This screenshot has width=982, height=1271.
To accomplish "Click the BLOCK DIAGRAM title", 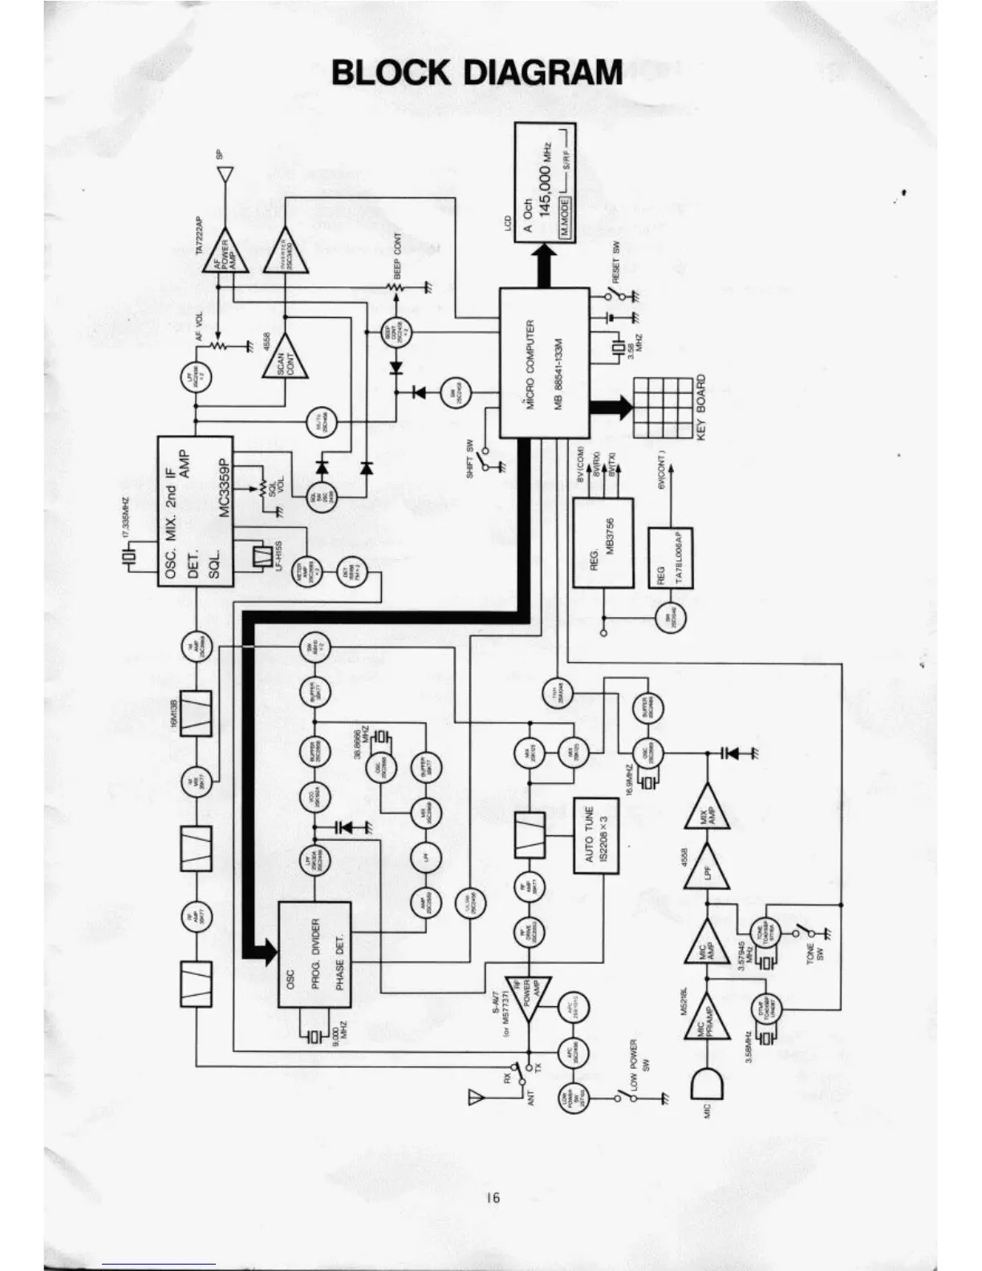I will pos(477,72).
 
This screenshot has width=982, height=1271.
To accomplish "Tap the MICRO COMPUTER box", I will pos(544,363).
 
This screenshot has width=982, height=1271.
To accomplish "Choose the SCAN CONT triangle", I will pos(286,355).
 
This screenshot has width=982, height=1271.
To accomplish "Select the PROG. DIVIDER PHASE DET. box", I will pos(314,955).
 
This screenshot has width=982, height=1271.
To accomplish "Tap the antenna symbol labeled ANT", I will pos(476,1096).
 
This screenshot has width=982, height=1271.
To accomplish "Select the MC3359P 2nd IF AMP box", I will pos(195,511).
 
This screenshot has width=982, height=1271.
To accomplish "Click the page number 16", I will pos(492,1197).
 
